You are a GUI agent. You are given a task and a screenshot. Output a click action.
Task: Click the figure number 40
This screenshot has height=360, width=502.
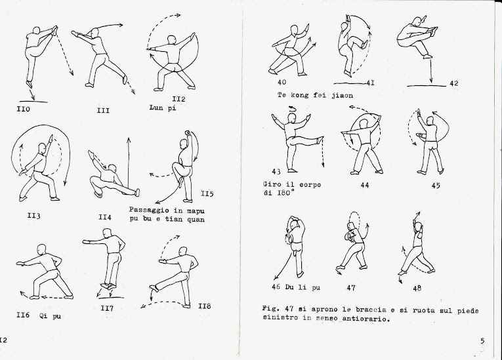282,82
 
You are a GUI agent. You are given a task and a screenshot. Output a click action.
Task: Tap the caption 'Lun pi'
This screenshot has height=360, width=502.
163,108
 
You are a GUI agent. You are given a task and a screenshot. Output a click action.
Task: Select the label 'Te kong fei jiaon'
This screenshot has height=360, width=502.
316,95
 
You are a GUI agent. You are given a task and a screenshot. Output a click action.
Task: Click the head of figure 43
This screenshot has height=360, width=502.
291,119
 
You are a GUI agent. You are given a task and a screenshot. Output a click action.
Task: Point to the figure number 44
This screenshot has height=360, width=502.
365,186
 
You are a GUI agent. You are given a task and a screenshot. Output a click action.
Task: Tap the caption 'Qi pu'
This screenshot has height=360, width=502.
50,316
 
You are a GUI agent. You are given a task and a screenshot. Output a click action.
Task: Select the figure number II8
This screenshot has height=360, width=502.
205,306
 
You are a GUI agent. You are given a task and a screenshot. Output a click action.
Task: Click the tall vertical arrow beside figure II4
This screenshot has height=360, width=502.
129,163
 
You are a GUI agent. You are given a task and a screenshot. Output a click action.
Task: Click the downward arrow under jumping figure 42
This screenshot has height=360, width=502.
431,71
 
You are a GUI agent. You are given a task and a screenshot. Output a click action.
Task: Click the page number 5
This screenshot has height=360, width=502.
482,341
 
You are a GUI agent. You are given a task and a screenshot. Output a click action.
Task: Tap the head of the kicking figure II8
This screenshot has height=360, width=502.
184,252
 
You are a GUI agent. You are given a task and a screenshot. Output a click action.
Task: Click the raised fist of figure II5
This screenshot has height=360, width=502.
188,133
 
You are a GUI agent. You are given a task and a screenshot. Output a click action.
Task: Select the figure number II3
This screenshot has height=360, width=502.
34,216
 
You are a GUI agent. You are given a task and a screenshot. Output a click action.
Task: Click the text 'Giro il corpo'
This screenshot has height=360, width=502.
292,185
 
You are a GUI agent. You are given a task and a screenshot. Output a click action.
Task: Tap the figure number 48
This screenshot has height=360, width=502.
417,288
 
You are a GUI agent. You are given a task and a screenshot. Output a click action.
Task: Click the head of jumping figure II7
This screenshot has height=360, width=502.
107,233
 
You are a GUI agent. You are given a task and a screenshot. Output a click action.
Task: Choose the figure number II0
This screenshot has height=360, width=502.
24,109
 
